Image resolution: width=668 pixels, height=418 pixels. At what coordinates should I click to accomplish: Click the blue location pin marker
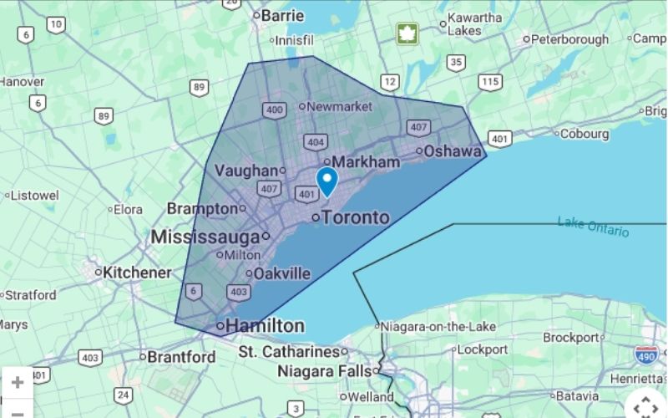click(326, 180)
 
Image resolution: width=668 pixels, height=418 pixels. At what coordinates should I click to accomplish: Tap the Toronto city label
click(355, 217)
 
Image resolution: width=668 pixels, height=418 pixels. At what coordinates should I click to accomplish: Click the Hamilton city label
click(265, 325)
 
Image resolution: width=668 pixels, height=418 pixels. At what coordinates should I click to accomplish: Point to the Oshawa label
click(453, 151)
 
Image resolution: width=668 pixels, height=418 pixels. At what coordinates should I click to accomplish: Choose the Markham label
click(367, 161)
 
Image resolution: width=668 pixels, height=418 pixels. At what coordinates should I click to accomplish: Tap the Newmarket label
click(339, 107)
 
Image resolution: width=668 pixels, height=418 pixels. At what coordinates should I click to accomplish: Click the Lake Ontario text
click(593, 227)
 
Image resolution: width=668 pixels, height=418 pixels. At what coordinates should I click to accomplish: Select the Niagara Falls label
click(326, 370)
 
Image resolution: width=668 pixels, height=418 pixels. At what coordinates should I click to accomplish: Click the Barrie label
click(282, 15)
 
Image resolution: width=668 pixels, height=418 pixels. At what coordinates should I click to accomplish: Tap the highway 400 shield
click(273, 110)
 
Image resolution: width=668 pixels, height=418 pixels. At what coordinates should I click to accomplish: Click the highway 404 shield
click(315, 142)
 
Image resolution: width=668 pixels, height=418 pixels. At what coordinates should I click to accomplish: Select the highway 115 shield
click(490, 81)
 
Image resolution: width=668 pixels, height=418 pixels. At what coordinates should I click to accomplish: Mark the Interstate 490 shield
click(645, 354)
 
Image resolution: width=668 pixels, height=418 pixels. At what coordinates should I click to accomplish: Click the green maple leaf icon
click(407, 33)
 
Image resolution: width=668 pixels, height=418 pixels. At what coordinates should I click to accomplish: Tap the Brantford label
click(181, 357)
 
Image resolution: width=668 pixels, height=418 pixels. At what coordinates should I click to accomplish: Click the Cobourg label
click(584, 134)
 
